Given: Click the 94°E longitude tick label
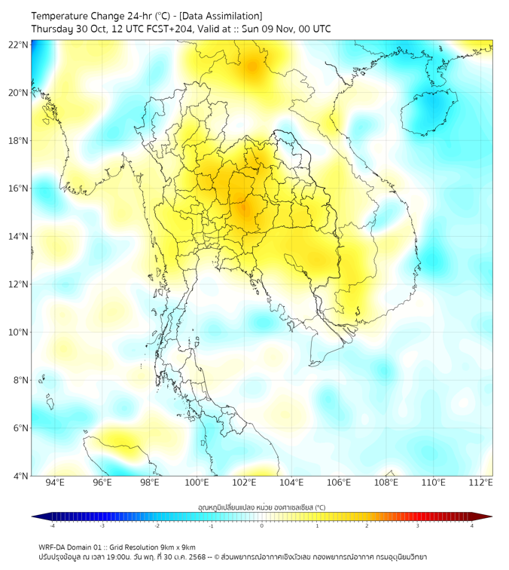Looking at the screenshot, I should [55, 483].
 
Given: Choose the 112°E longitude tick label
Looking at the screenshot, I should [481, 483].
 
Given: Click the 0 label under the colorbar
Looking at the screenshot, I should [262, 526].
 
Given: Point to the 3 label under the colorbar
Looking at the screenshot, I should [418, 526].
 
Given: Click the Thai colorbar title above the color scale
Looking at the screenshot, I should [261, 507].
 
